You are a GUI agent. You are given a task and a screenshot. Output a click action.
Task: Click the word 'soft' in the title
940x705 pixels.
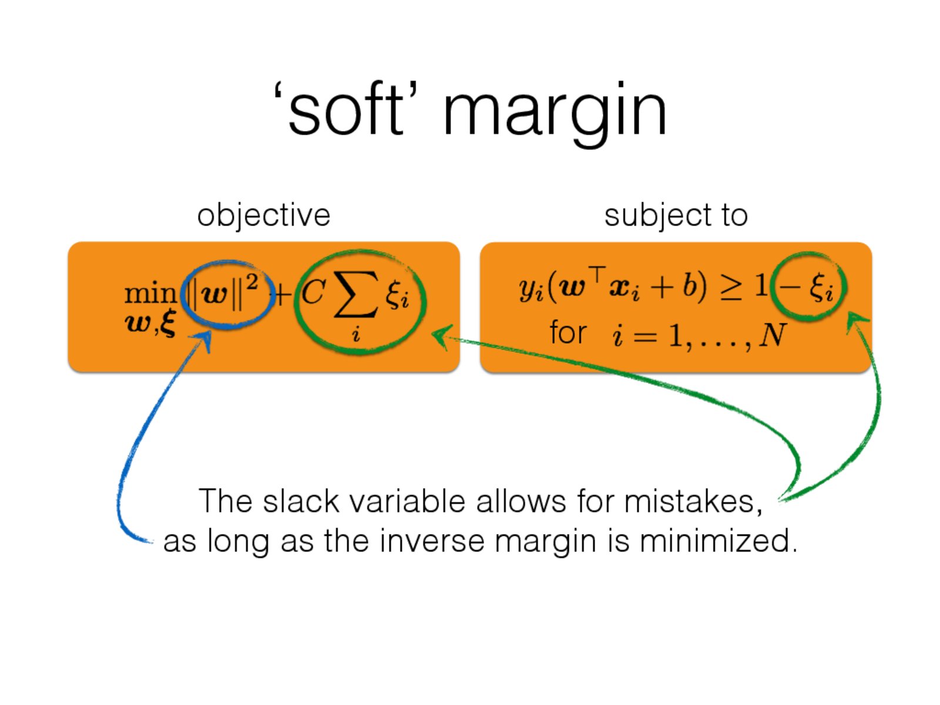coord(345,110)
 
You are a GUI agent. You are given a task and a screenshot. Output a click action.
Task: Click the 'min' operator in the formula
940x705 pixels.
coord(150,294)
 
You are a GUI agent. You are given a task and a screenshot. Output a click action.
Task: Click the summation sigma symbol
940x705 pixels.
coord(356,294)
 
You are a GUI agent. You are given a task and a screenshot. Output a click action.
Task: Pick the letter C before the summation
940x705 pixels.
coord(314,291)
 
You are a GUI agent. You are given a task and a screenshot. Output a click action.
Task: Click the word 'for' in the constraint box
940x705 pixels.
coord(568,332)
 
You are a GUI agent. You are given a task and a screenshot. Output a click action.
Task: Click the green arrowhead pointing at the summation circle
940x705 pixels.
coord(442,337)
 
